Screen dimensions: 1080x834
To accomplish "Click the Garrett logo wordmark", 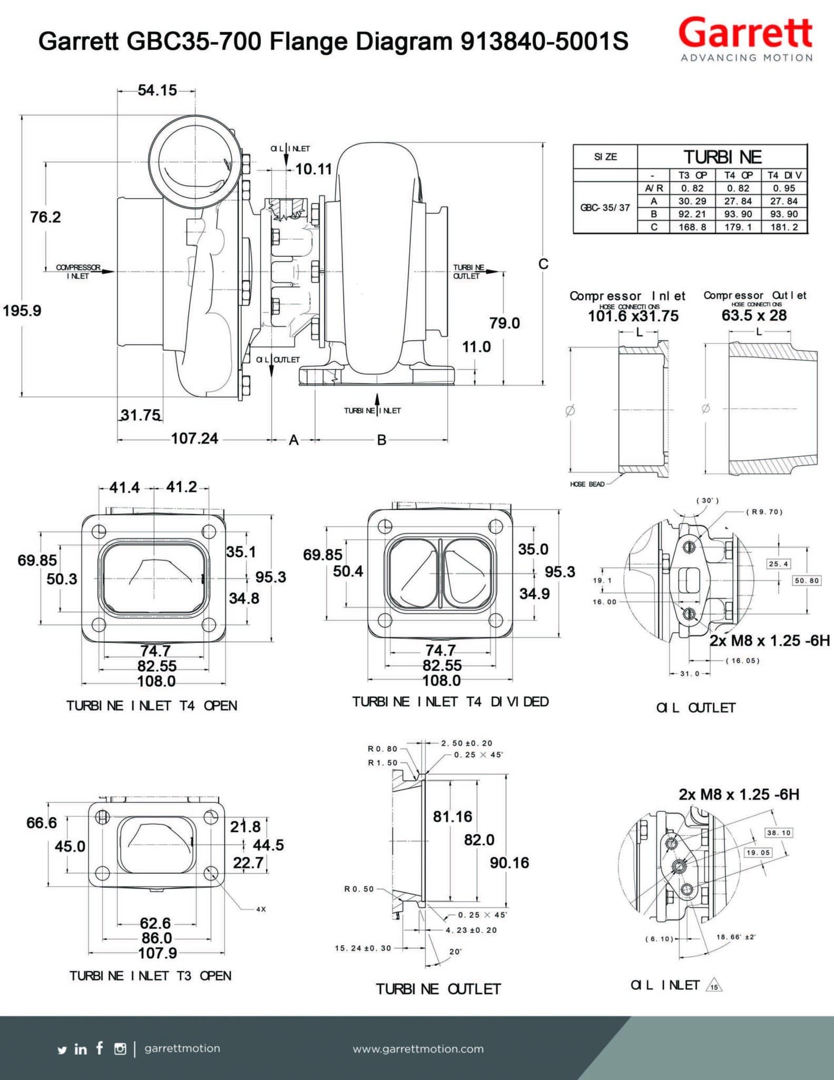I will (745, 33).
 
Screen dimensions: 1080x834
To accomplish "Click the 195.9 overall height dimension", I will (22, 311).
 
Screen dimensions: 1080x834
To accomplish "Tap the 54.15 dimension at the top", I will (157, 90).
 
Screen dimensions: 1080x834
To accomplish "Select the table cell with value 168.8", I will (692, 227).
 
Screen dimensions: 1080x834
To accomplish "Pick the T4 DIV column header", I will (784, 175).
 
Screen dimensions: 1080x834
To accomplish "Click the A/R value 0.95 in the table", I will (784, 188).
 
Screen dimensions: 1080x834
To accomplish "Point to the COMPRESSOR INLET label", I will (78, 272).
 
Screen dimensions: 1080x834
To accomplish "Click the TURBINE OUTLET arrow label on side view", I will (468, 272).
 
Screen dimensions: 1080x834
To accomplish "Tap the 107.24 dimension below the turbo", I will (194, 438).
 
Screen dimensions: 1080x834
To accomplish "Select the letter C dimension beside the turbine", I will (543, 264).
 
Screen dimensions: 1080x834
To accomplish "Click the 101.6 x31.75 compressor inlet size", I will (633, 316).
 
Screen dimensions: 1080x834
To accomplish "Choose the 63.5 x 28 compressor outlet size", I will (754, 315).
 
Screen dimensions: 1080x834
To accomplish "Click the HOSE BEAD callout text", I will (587, 484).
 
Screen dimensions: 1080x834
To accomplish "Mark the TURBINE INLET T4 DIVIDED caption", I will (450, 702).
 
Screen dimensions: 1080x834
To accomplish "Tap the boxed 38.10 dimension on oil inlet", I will (779, 833).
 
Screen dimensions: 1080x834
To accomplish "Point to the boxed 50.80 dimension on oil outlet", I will (807, 581).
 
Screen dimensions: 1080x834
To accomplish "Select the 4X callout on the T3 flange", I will (261, 909).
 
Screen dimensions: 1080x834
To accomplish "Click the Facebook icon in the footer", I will (100, 1048).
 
